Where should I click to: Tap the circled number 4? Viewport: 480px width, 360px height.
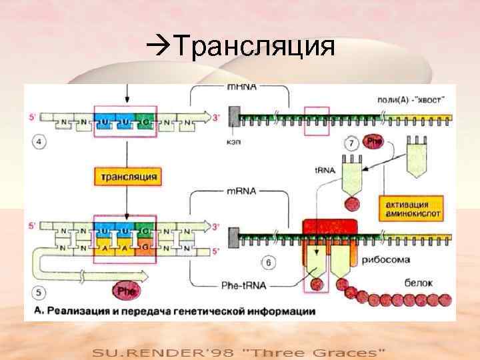coord(39,141)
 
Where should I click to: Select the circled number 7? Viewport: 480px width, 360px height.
coord(351,143)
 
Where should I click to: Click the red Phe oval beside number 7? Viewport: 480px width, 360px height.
coord(375,143)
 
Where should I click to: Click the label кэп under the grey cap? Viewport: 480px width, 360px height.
coord(234,142)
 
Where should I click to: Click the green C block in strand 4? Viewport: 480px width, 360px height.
coord(145,122)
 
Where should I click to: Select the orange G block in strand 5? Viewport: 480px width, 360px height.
coord(145,249)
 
